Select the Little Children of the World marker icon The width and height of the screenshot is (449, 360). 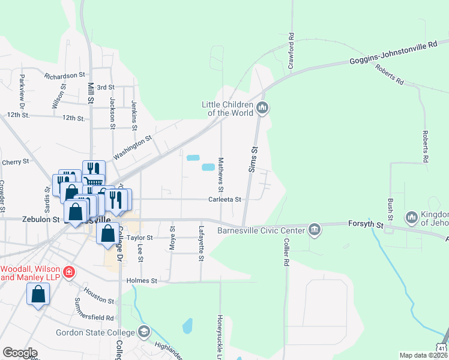pos(262,109)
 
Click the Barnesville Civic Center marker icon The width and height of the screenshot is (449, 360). pos(314,229)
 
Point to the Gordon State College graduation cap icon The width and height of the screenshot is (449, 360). pos(144,332)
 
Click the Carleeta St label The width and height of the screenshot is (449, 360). pos(224,200)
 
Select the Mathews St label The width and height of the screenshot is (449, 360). pos(220,172)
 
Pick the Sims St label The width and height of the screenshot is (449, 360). pos(253,160)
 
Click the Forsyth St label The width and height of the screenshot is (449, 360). pos(366,224)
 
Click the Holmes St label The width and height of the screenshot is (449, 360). pos(142,280)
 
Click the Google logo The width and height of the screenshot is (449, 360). pos(20,353)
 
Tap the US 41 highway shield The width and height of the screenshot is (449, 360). pos(441,347)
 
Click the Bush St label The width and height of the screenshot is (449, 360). pos(390,205)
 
